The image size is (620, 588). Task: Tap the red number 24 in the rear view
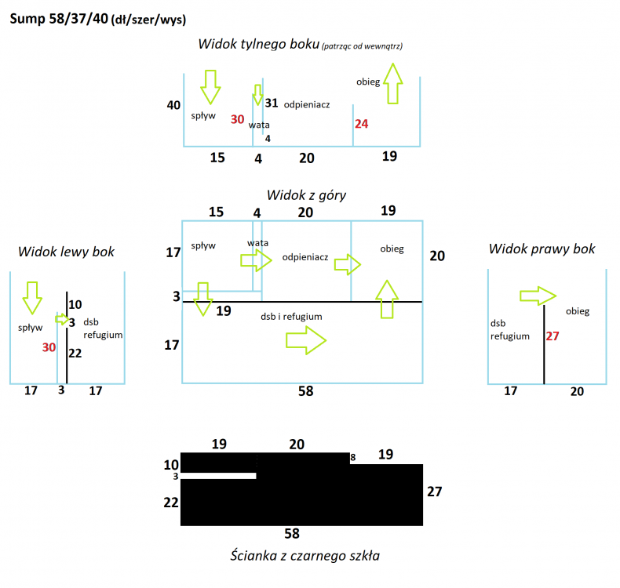[361, 124]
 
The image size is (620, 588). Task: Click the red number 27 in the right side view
[553, 336]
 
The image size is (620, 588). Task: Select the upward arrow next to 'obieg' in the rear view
[393, 82]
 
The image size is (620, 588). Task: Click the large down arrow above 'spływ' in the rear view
[210, 86]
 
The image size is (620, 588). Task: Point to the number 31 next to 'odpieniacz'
[272, 103]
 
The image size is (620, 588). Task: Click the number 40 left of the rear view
[174, 105]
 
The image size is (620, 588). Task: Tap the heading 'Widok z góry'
[306, 194]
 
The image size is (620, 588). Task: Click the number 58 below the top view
[306, 391]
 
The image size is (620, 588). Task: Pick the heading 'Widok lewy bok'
[67, 252]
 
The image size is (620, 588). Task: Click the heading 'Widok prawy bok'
[542, 249]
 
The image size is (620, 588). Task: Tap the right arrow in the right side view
[538, 296]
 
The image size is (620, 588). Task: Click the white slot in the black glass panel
[219, 476]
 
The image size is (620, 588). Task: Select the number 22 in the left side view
[75, 354]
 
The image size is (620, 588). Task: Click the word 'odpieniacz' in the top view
[305, 256]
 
